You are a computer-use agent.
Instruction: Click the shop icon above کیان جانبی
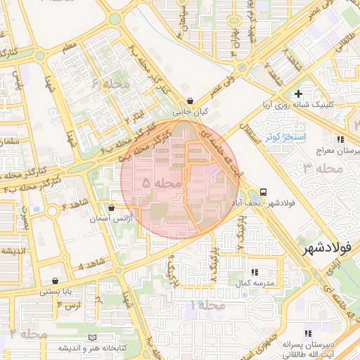pyautogui.click(x=191, y=101)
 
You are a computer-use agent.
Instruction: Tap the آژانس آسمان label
pyautogui.click(x=109, y=219)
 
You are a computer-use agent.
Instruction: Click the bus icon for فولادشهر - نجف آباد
pyautogui.click(x=263, y=192)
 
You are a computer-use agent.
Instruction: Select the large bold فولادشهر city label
pyautogui.click(x=329, y=249)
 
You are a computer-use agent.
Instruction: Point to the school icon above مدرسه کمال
pyautogui.click(x=254, y=271)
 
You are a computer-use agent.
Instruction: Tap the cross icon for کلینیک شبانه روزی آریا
pyautogui.click(x=299, y=94)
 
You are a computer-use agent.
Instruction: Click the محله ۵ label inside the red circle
pyautogui.click(x=162, y=183)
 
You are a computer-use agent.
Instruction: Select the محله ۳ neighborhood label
pyautogui.click(x=322, y=168)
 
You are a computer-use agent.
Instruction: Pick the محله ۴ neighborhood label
pyautogui.click(x=105, y=84)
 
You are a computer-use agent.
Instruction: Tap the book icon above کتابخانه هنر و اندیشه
pyautogui.click(x=93, y=338)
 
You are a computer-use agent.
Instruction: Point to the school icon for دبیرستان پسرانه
pyautogui.click(x=307, y=334)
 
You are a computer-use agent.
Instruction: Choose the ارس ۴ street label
pyautogui.click(x=70, y=305)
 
